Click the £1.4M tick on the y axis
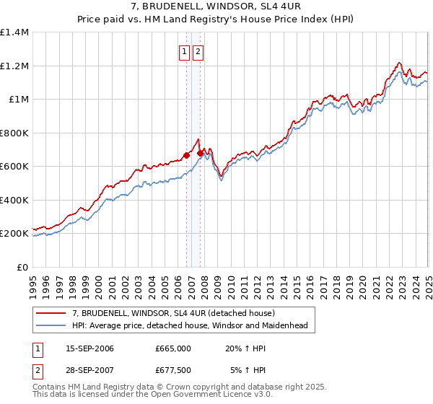point(14,32)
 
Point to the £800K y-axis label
point(14,133)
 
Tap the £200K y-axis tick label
point(14,234)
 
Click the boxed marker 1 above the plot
point(184,51)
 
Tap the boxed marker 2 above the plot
point(198,51)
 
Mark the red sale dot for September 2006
point(186,154)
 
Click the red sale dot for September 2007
point(200,152)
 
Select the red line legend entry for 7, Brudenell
point(173,313)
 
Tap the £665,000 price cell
point(172,348)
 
